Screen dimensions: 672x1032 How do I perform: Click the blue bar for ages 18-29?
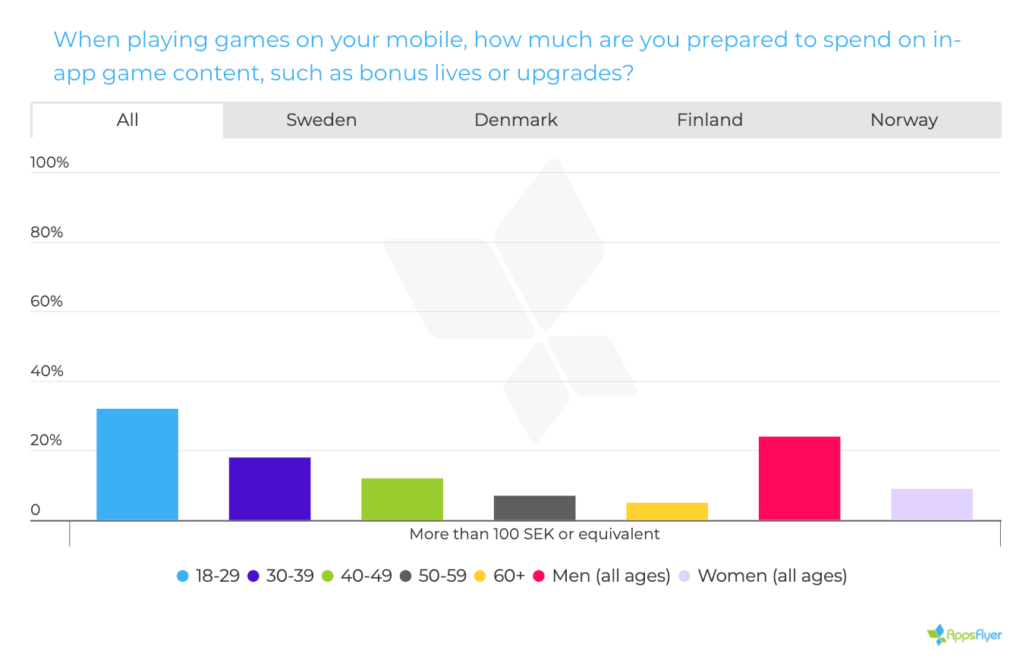(x=137, y=464)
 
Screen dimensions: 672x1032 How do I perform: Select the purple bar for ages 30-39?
(x=269, y=488)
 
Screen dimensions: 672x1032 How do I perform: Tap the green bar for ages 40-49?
(x=402, y=499)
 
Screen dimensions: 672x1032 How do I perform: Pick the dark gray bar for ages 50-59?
(x=534, y=507)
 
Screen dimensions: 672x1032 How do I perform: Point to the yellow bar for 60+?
(x=667, y=511)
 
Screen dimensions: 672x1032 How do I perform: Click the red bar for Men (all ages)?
(x=799, y=478)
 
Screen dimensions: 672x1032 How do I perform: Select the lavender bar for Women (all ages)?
(x=932, y=504)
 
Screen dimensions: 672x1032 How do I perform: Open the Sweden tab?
(x=321, y=120)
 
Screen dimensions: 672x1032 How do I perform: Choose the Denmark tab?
(x=516, y=120)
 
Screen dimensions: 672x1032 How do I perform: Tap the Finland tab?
(x=709, y=120)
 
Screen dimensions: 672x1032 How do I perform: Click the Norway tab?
(x=904, y=120)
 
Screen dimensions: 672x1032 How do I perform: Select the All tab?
(x=127, y=120)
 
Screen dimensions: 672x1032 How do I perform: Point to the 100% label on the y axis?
(x=49, y=163)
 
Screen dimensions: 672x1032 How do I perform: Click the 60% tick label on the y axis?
(x=46, y=302)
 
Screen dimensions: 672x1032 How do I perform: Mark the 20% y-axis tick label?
(x=46, y=441)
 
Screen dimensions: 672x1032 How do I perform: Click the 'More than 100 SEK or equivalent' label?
(x=534, y=534)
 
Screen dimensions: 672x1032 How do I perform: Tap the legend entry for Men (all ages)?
(x=602, y=576)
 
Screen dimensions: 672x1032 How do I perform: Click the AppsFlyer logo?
(x=964, y=634)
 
